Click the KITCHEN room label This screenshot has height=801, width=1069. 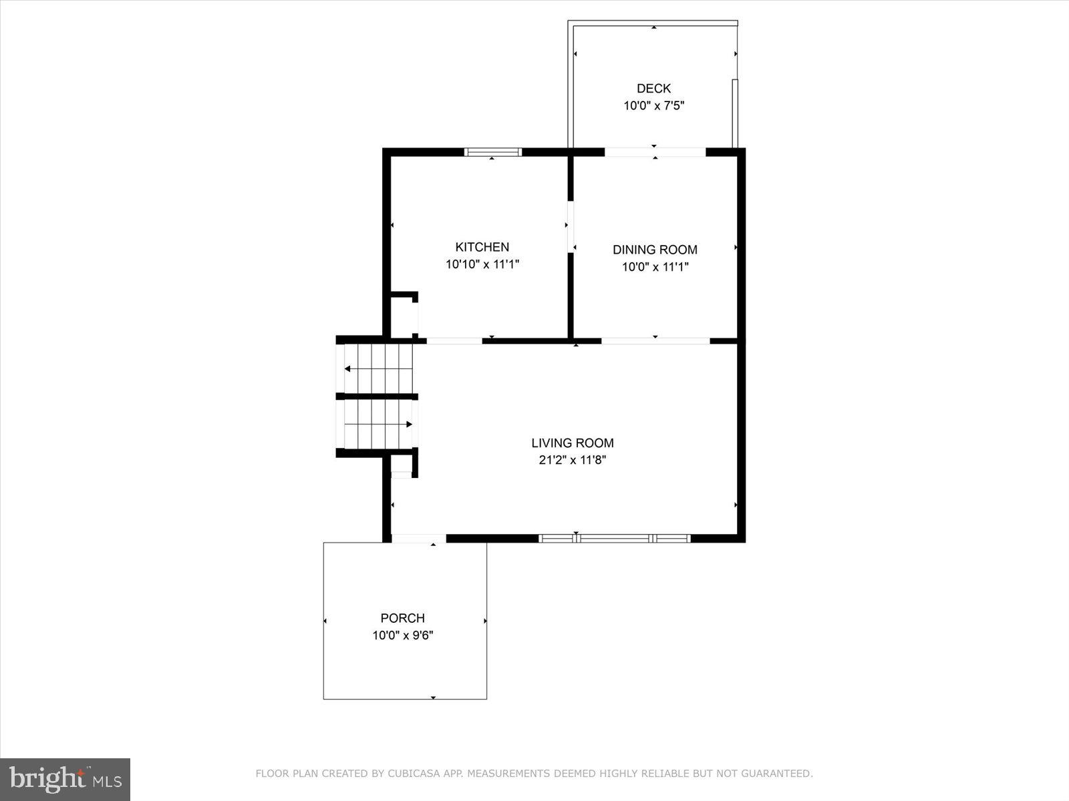482,247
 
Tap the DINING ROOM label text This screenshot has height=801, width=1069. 655,250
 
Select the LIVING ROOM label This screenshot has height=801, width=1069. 573,443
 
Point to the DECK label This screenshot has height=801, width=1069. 653,88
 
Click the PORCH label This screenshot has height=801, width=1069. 402,618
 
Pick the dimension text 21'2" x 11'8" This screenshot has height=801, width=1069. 573,460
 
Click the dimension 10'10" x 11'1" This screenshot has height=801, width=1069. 482,264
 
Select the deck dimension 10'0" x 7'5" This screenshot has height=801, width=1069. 653,105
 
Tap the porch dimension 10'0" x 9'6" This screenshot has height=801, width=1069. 402,635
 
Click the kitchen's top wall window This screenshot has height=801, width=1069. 492,152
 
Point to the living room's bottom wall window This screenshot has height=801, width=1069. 615,538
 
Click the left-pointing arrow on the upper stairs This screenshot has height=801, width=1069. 348,368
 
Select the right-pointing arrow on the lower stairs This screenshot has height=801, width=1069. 408,424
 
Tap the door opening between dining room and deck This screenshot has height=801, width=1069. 655,152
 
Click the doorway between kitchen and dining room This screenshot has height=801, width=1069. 571,227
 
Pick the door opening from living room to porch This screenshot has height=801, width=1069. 418,539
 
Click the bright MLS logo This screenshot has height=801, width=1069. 65,779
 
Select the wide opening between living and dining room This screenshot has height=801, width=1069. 655,341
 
